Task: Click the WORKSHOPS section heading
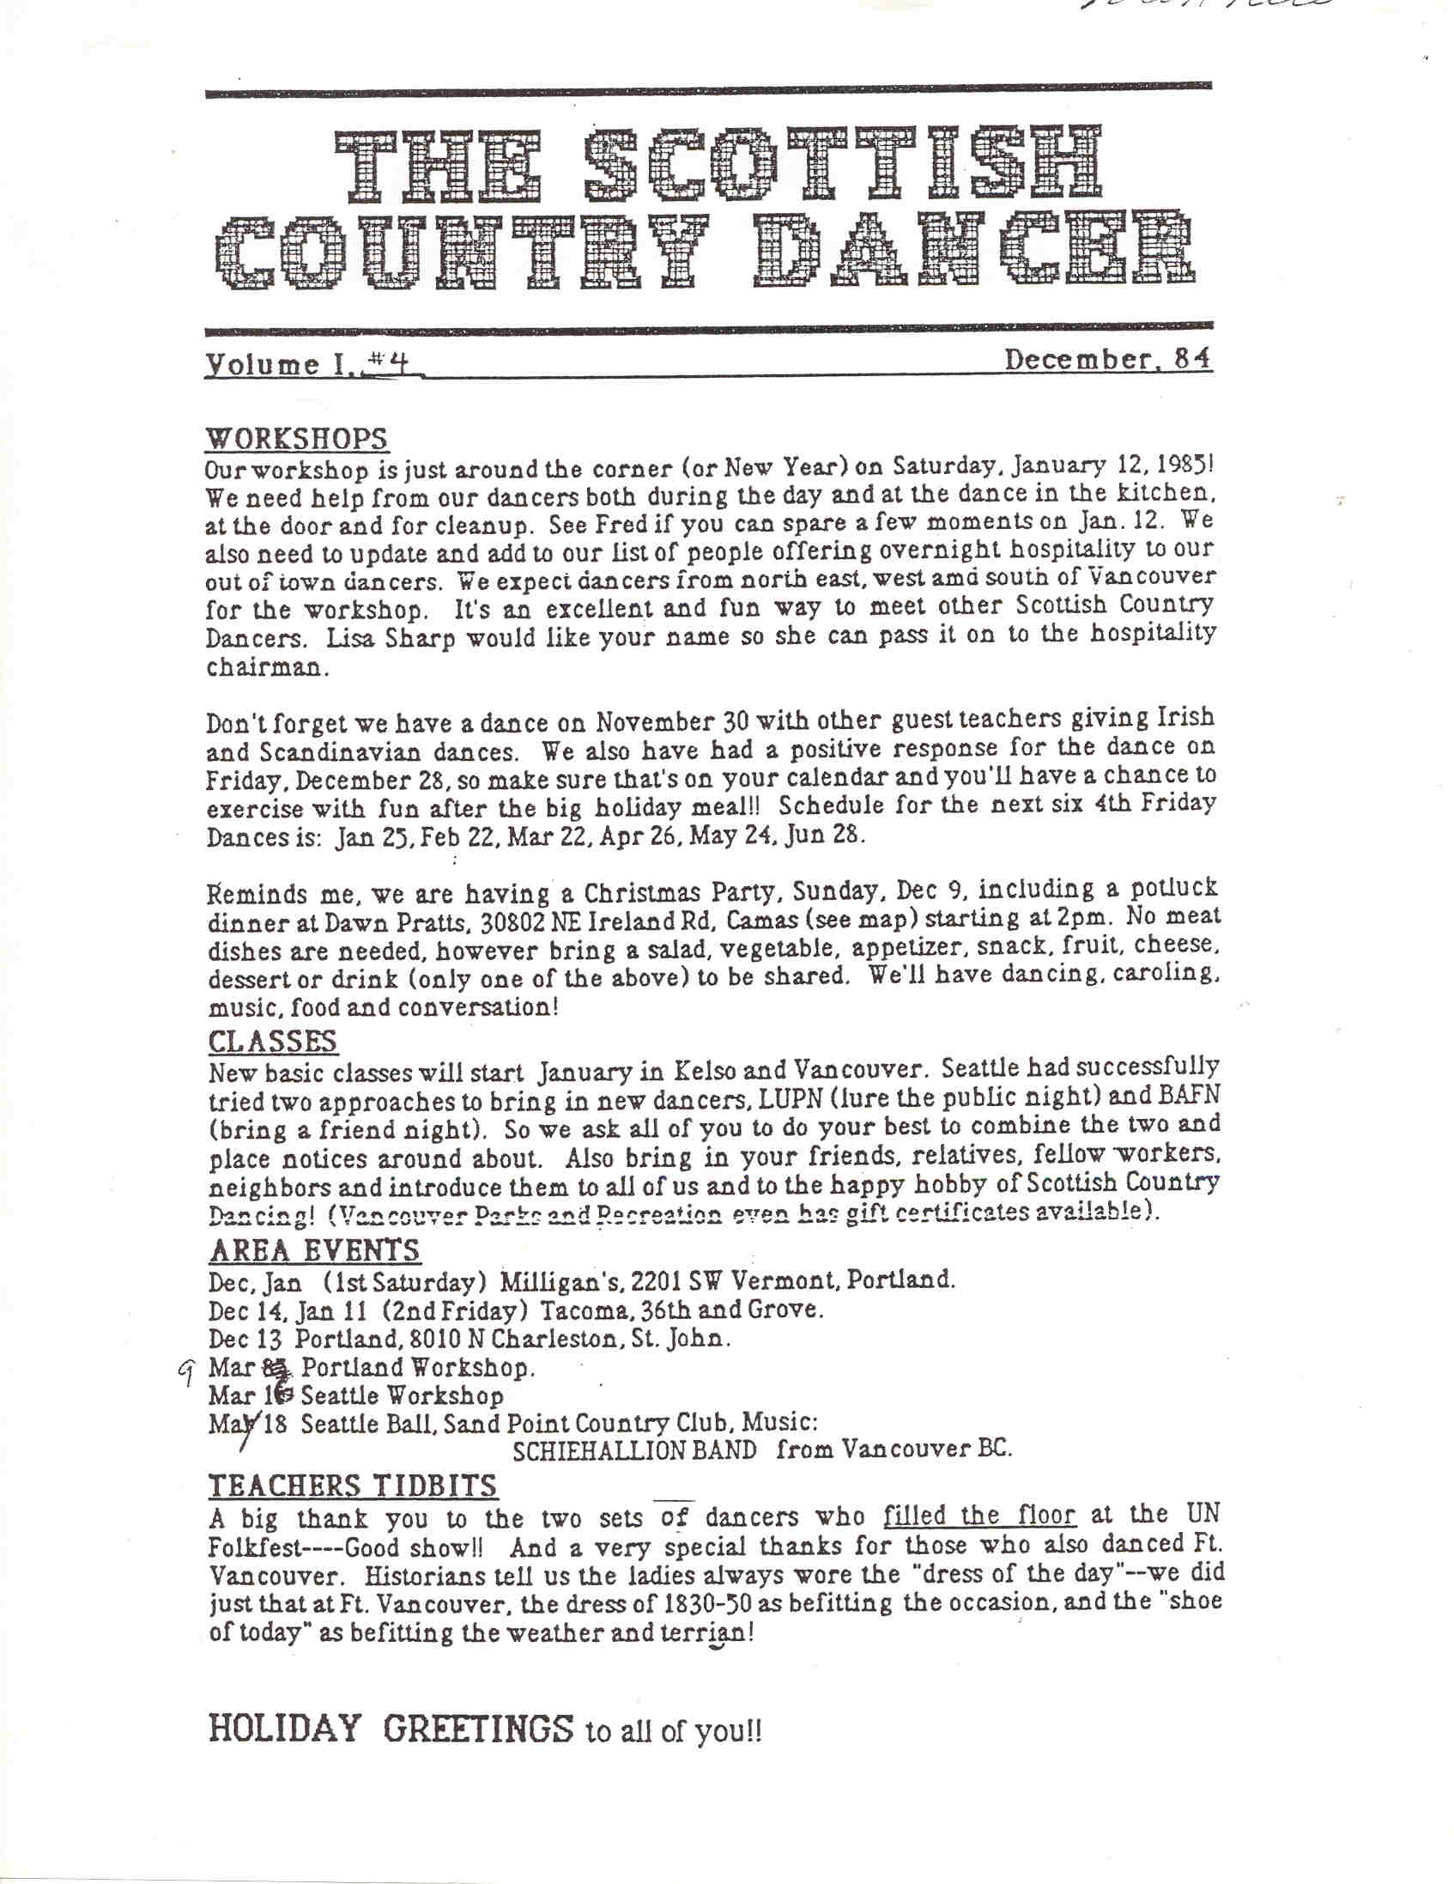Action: click(x=297, y=438)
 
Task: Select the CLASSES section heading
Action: click(x=272, y=1042)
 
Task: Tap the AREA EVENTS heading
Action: click(x=314, y=1250)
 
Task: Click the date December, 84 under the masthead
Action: click(x=1107, y=358)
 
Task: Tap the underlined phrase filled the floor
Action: click(x=979, y=1516)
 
